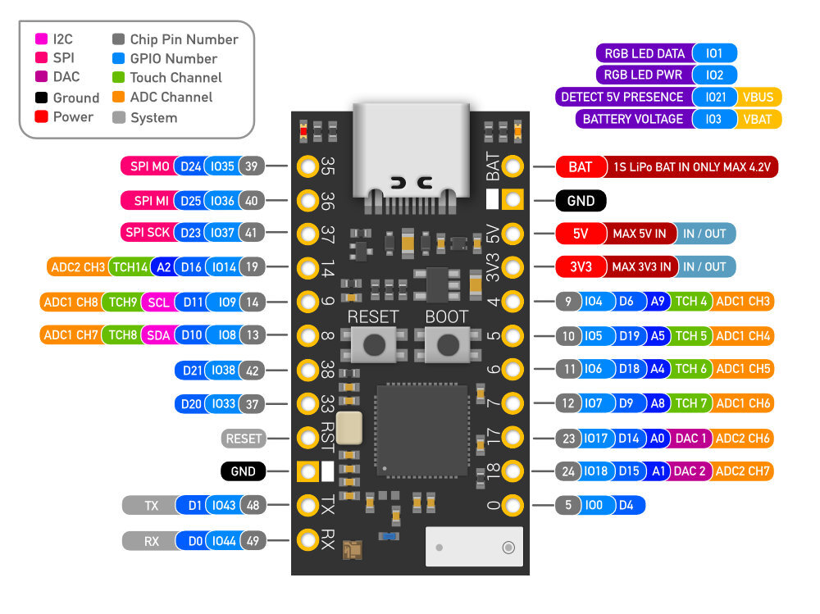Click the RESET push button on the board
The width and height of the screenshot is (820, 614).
375,344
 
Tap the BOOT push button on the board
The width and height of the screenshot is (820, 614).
447,344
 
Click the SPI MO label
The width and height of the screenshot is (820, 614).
148,166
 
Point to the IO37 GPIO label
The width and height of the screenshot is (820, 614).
221,233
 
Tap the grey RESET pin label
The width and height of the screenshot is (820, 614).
244,439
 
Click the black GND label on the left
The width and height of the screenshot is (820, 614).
244,471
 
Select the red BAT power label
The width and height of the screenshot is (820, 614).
580,167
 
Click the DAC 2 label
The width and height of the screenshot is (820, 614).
690,471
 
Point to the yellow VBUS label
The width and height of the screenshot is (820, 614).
758,97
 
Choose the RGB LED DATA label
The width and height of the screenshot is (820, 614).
645,54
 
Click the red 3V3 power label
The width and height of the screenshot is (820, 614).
580,266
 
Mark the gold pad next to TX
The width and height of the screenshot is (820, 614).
307,505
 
